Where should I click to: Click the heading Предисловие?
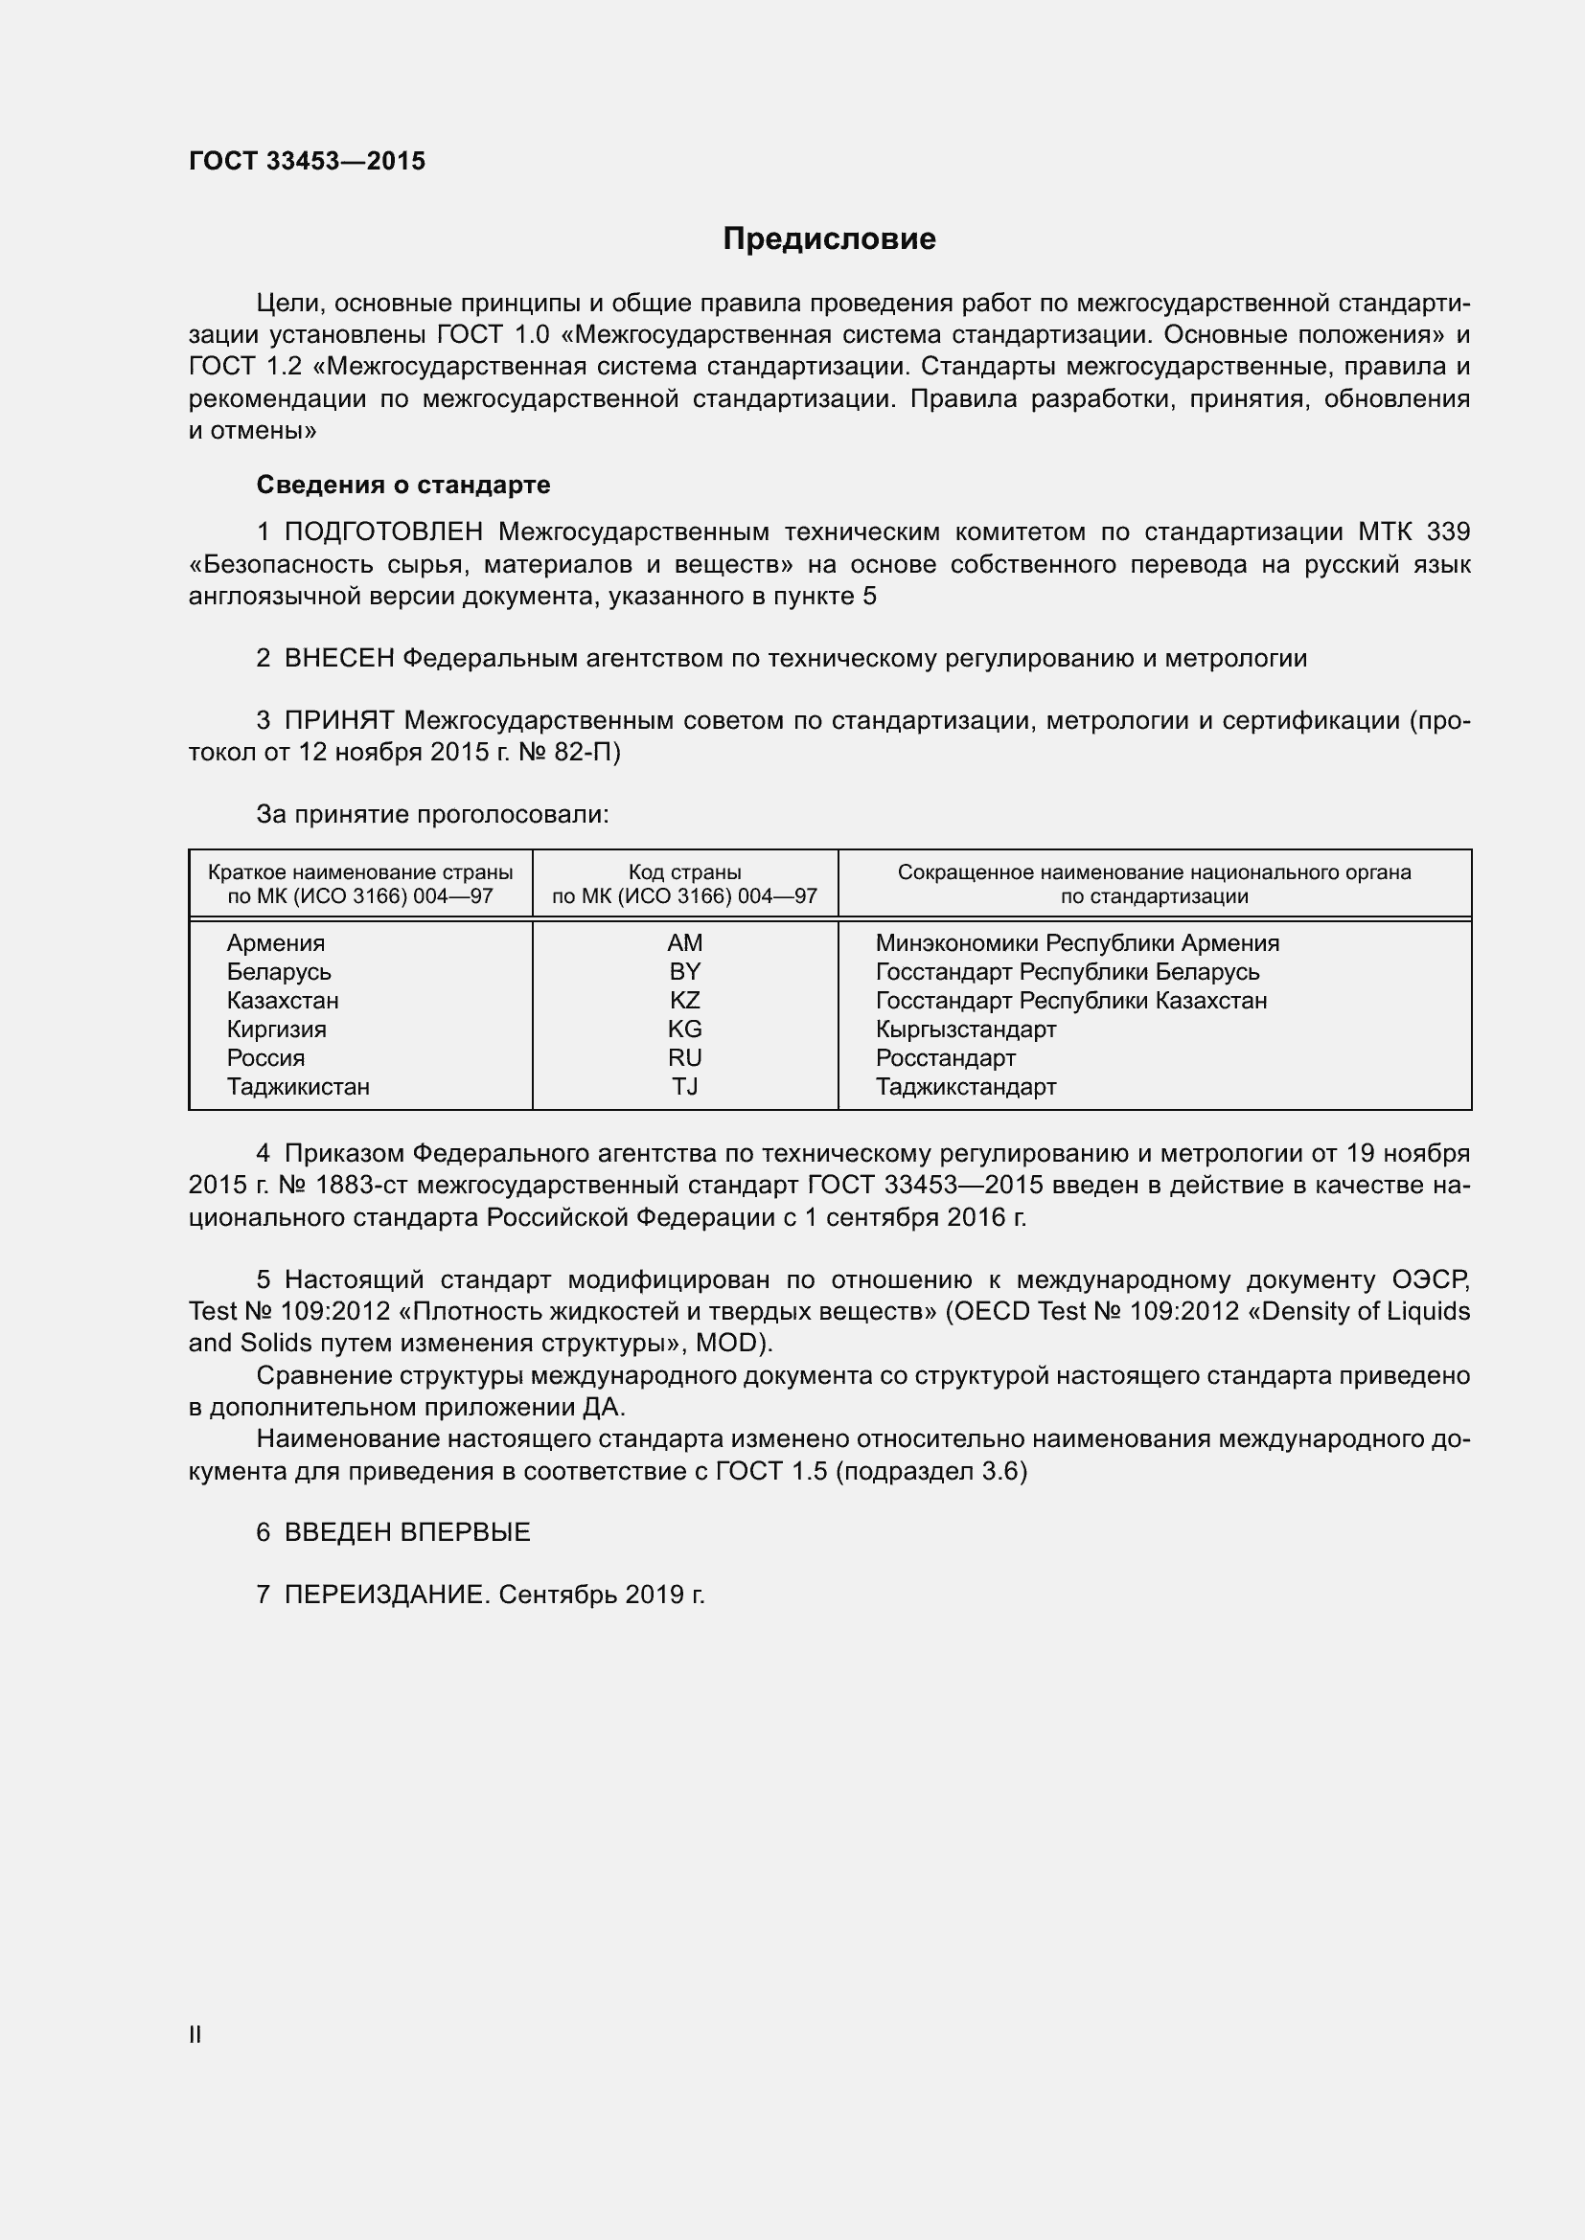click(x=829, y=239)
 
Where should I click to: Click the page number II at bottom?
click(x=195, y=2034)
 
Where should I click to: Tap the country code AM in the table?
click(x=685, y=943)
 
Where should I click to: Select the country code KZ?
click(x=685, y=1001)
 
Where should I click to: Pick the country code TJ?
click(x=685, y=1087)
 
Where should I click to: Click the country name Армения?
click(x=275, y=943)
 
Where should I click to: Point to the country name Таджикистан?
click(x=298, y=1087)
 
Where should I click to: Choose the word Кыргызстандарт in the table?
click(x=965, y=1029)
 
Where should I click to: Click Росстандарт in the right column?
click(x=945, y=1058)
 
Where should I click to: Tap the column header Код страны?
click(x=685, y=872)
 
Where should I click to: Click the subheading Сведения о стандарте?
click(x=403, y=485)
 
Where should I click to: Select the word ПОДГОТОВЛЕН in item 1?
click(x=383, y=532)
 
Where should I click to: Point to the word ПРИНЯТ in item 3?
click(x=338, y=721)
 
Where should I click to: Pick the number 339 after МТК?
click(x=1448, y=532)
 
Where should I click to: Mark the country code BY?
click(x=685, y=972)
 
